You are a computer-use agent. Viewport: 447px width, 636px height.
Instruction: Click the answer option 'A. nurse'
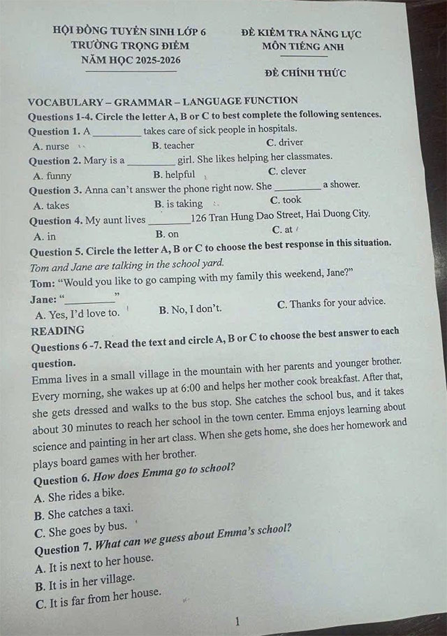[51, 147]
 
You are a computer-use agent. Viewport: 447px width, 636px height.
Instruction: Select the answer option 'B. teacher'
[173, 145]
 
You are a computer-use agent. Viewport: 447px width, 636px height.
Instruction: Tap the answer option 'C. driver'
[285, 143]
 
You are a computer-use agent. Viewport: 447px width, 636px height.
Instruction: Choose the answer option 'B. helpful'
[174, 175]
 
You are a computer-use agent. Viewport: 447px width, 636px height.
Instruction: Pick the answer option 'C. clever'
[286, 171]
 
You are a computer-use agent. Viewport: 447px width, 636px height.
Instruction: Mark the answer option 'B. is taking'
[178, 204]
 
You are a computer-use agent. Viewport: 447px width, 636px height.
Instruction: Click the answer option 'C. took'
[285, 200]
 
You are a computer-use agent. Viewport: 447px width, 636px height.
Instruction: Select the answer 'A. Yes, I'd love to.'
[77, 313]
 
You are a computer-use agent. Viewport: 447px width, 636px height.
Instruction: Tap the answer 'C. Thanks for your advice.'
[330, 304]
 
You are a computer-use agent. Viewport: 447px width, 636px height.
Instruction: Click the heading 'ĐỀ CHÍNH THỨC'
[305, 73]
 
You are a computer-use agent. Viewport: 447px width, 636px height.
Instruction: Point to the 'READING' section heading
[57, 330]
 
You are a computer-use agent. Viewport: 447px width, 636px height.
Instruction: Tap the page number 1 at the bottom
[237, 621]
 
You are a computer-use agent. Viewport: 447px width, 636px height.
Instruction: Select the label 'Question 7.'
[62, 547]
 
